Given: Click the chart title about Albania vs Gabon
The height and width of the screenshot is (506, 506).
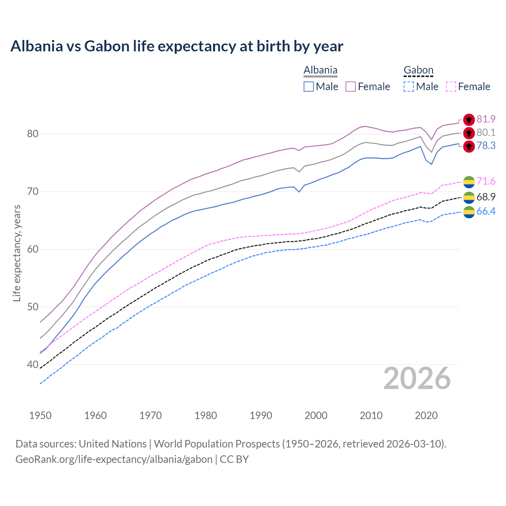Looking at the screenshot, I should [177, 46].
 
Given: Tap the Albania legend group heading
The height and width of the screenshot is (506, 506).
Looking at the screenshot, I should [320, 70].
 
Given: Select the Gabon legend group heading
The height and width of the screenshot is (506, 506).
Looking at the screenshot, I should [418, 70].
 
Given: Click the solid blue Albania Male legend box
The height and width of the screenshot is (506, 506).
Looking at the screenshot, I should [309, 87].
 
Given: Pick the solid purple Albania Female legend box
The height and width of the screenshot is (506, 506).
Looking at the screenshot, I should [351, 87].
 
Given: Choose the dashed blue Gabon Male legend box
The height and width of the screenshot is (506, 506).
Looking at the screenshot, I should [409, 87].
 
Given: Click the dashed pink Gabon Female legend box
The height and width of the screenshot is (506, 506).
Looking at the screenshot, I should [451, 87].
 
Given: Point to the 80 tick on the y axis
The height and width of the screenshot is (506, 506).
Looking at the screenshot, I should [32, 134].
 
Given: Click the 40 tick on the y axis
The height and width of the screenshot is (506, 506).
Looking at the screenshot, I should [32, 364].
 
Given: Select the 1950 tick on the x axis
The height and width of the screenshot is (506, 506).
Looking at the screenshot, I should [40, 415].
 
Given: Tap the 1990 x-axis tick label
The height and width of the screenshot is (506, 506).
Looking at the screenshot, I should [261, 415].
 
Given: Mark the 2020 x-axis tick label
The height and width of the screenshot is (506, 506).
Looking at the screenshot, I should [426, 415].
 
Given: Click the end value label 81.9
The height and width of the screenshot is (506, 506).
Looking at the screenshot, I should [486, 119].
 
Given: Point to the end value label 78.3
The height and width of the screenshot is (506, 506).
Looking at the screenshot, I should [486, 146].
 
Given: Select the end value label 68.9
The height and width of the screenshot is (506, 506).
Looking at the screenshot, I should [486, 197].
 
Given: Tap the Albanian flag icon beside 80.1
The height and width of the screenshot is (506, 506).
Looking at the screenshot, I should [469, 133].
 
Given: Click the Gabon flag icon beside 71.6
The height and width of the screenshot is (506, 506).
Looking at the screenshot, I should [469, 182].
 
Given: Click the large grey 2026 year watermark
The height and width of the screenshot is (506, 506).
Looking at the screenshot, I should [417, 378].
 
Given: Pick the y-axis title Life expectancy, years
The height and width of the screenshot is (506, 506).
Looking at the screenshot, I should [17, 253].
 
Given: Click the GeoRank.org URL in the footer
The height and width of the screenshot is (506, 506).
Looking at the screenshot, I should [114, 459].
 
